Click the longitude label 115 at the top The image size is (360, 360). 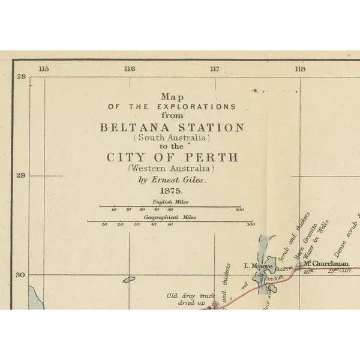click(43, 69)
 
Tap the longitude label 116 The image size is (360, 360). click(129, 69)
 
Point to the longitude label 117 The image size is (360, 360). click(214, 69)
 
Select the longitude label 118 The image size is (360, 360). click(299, 69)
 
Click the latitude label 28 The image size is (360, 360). click(22, 77)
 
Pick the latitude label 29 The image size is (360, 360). click(22, 176)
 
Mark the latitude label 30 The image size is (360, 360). click(22, 275)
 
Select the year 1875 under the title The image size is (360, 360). click(172, 190)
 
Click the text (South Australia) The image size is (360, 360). click(172, 137)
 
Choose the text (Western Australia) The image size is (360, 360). click(172, 169)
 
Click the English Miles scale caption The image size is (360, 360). click(172, 202)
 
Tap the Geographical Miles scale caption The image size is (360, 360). click(172, 217)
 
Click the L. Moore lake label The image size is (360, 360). click(254, 265)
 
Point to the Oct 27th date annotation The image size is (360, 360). click(283, 269)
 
